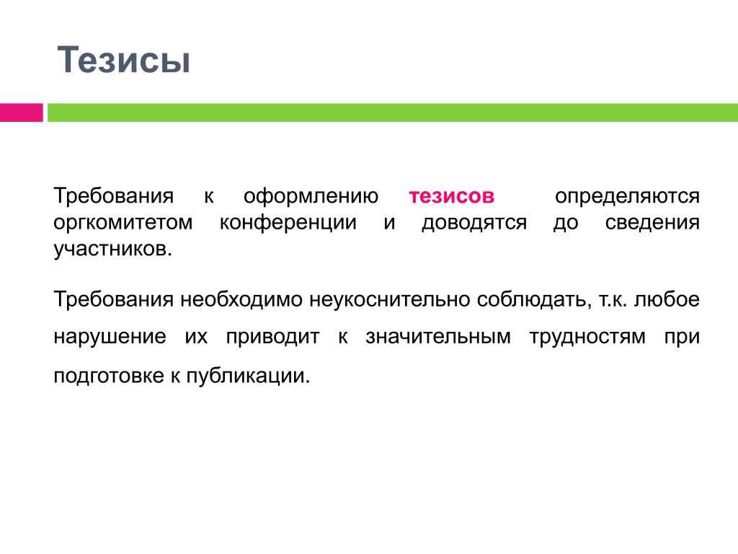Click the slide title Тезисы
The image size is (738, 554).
pos(124,60)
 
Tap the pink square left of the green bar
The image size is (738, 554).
pos(21,113)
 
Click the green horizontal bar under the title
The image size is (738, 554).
pos(393,113)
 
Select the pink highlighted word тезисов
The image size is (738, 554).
pos(452,196)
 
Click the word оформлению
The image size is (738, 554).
pos(311,196)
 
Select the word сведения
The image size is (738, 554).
pos(652,223)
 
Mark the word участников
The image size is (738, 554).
pos(113,250)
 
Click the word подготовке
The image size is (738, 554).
pos(109,377)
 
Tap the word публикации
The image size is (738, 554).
pos(249,377)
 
